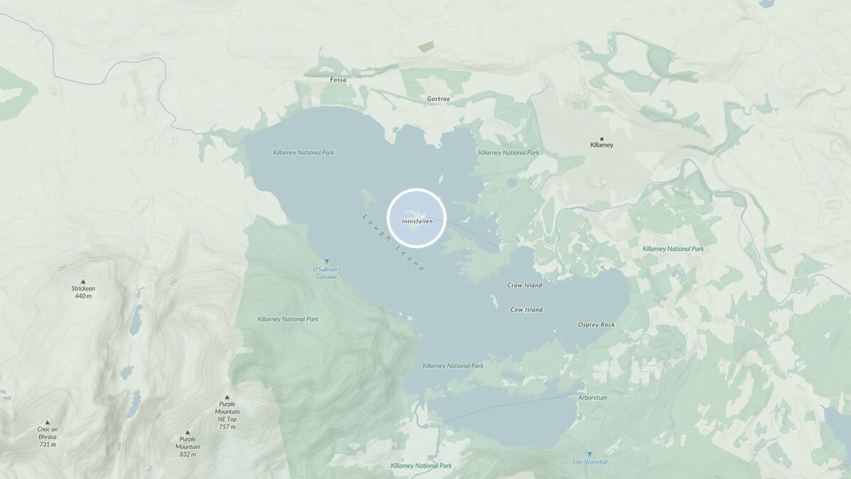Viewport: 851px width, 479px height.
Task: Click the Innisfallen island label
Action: point(416,221)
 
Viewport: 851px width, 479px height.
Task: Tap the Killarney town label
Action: point(601,145)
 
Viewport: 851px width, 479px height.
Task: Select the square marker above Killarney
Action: point(602,138)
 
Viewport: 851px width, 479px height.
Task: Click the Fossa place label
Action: point(338,80)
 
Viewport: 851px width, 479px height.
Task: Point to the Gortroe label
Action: point(439,99)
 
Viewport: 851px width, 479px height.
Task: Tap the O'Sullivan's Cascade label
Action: point(327,273)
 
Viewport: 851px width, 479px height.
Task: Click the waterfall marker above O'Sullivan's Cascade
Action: point(327,262)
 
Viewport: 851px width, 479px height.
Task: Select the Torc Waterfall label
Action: point(589,463)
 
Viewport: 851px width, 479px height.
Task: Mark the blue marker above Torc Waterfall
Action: point(589,453)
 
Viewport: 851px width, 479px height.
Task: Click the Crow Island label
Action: point(525,285)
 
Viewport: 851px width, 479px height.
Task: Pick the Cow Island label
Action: point(526,309)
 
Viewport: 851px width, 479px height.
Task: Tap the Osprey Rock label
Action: point(596,325)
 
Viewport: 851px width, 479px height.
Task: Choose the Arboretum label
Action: point(592,397)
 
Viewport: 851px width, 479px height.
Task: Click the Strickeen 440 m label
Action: point(83,292)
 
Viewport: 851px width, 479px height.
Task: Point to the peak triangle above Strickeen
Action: point(83,281)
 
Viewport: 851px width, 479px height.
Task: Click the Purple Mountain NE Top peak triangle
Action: point(227,397)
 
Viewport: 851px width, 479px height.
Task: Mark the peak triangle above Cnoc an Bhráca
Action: point(48,422)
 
